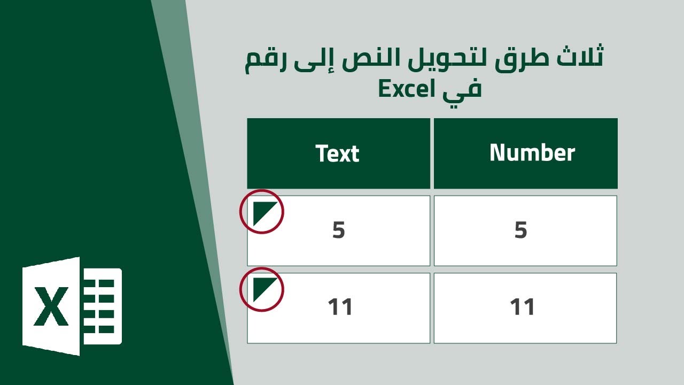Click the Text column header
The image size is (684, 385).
(x=337, y=153)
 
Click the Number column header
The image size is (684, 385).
(x=532, y=153)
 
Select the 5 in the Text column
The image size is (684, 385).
(x=339, y=230)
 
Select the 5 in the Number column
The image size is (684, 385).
(x=521, y=230)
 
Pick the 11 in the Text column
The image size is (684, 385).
(x=340, y=307)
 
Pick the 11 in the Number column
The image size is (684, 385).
(x=523, y=307)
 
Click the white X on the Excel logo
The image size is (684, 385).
(x=51, y=306)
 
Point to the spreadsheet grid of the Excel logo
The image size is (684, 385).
(x=102, y=306)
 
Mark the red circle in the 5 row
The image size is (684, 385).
(x=261, y=212)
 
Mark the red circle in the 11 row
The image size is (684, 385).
(x=261, y=289)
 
